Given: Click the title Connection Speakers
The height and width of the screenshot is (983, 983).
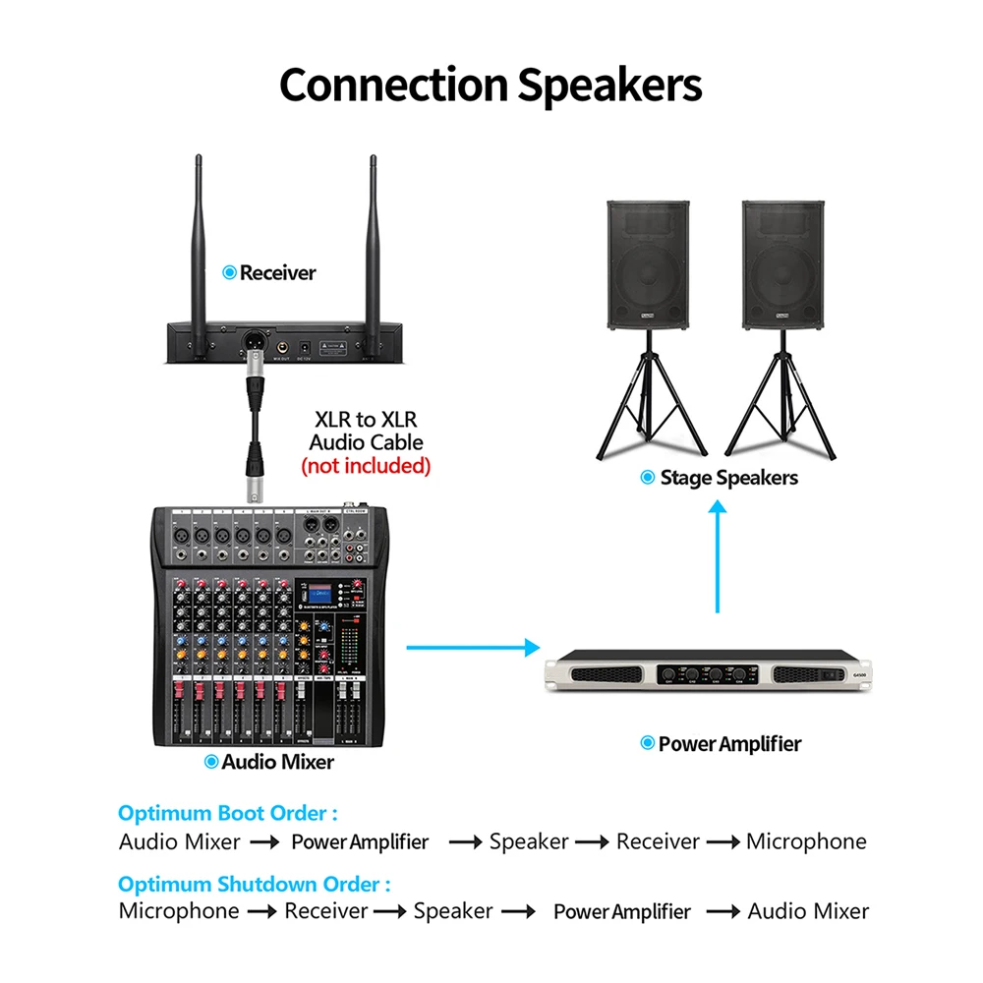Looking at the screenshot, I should tap(491, 85).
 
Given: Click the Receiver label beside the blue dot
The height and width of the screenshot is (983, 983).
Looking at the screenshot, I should tap(277, 272).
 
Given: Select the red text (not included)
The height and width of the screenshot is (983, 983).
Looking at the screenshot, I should tap(366, 466).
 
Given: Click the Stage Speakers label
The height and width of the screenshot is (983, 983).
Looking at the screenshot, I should tap(728, 478).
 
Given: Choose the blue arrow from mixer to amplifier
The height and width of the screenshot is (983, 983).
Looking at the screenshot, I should tap(473, 647).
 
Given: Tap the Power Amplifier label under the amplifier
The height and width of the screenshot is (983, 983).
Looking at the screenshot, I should tap(729, 744).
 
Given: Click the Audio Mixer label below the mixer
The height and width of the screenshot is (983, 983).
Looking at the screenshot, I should tap(277, 762).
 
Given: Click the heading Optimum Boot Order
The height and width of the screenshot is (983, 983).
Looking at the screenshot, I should tap(228, 814).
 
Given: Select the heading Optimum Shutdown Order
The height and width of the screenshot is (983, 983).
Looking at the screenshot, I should tap(255, 884).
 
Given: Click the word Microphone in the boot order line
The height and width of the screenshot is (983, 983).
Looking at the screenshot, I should tap(806, 841).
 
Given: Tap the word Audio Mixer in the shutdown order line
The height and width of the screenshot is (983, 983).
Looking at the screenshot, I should tap(808, 911).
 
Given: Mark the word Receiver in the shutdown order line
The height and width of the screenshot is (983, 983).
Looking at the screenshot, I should tap(326, 911).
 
